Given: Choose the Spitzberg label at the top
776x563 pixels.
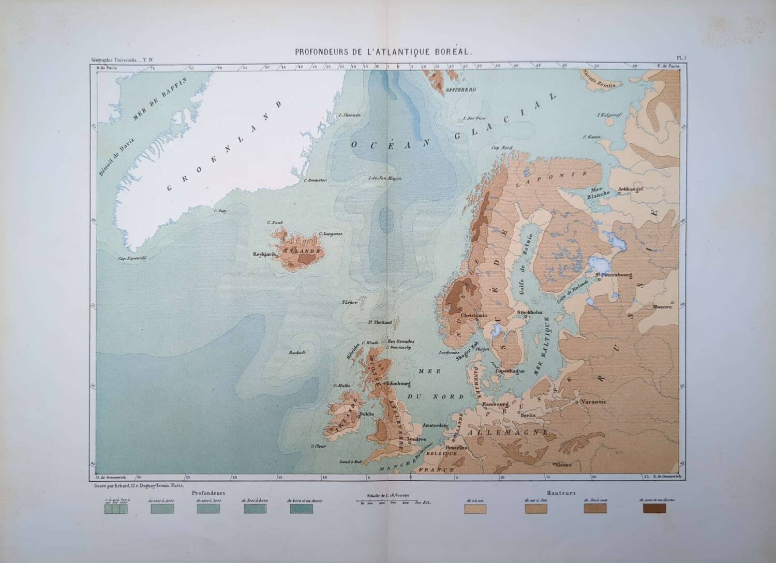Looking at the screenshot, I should pos(460,90).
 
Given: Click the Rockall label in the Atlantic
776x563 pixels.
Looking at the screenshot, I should pos(297,353).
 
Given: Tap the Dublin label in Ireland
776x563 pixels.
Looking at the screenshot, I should pos(366,414).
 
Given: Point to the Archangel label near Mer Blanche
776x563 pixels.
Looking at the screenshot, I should pos(630,189).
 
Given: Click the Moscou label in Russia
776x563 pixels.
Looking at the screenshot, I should pos(662,307).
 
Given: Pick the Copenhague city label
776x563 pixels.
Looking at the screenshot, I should pos(510,371).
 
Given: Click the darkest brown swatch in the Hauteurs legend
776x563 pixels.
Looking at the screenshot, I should pos(654,508).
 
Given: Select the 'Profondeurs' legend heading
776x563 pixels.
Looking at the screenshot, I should pos(208,493).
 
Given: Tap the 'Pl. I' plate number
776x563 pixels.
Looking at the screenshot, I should pos(680,59).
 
